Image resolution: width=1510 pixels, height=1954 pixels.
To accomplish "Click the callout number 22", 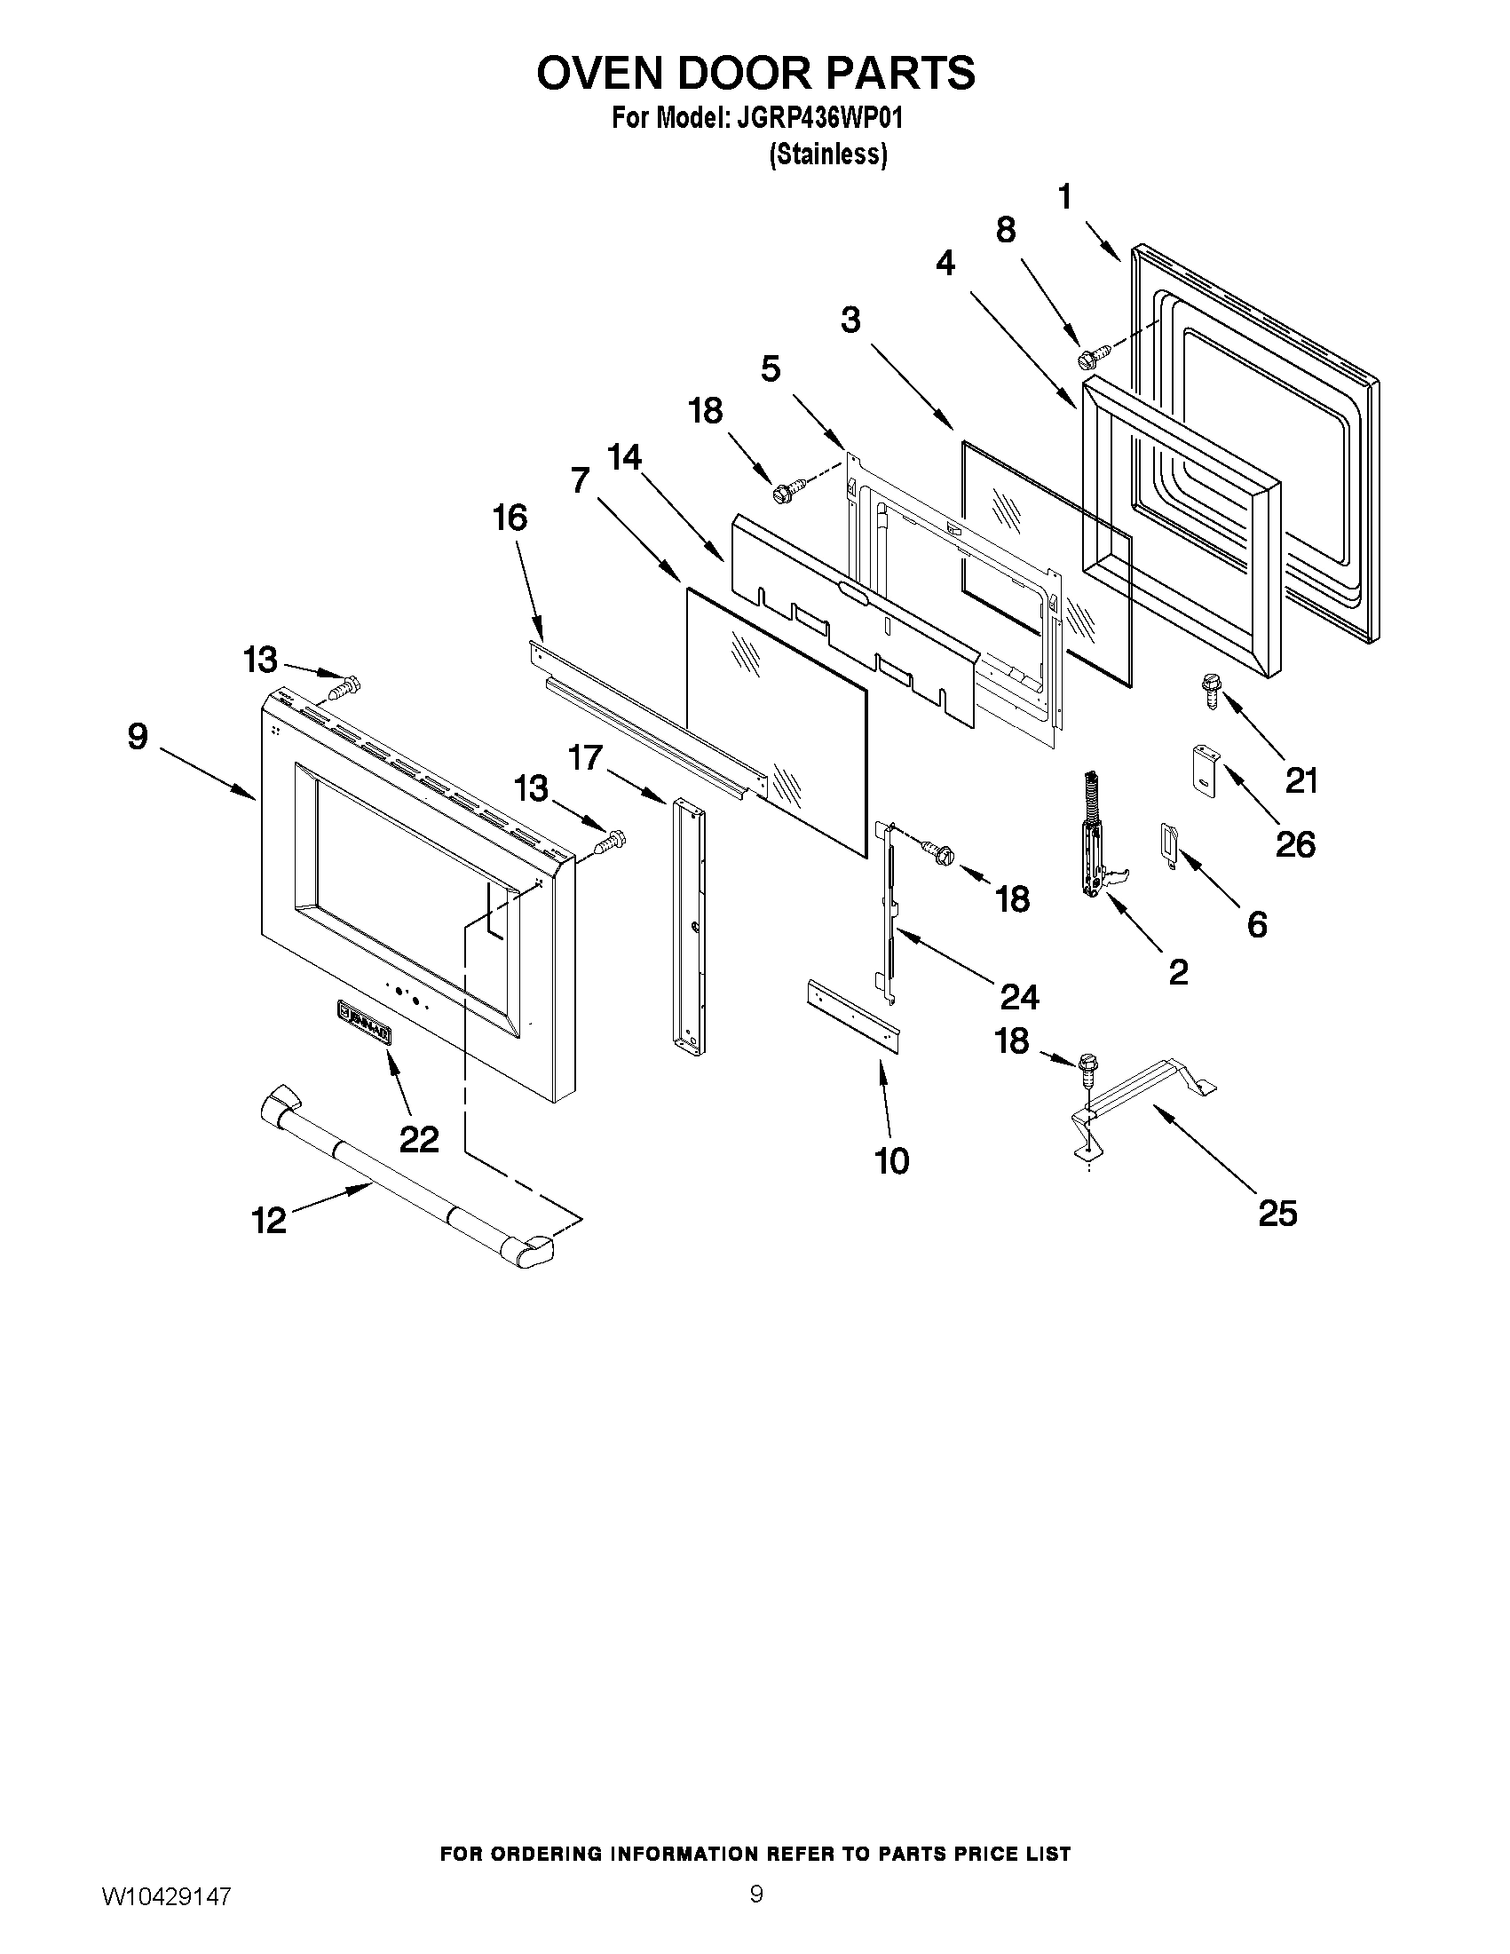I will (419, 1139).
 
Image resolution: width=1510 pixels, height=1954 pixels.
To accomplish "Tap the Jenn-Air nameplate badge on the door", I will (365, 1021).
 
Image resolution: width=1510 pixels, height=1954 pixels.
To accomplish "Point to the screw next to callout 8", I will (1092, 356).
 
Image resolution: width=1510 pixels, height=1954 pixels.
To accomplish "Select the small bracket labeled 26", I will (1201, 769).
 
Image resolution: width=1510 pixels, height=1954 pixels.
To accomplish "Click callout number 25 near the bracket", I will (1277, 1214).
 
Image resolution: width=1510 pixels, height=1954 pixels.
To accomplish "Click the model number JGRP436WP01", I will (818, 119).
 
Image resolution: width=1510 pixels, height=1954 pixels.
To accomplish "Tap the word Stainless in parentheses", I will (828, 154).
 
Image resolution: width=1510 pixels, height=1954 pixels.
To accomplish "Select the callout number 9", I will (137, 736).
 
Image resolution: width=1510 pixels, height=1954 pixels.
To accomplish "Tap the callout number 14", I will (623, 457).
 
